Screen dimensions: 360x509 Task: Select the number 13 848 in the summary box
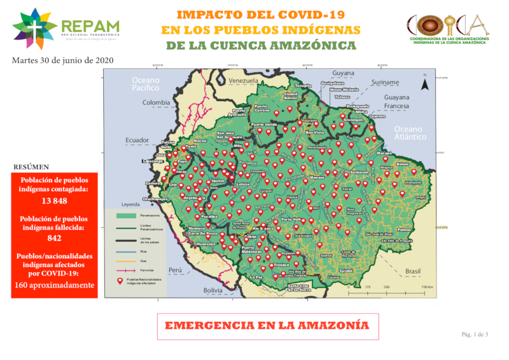tap(54, 201)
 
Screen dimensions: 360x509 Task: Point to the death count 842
tap(54, 239)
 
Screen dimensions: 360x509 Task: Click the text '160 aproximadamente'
tap(54, 285)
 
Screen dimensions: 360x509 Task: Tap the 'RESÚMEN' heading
tap(31, 167)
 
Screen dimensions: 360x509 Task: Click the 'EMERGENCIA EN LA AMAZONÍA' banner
tap(267, 325)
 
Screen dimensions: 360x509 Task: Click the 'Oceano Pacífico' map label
tap(146, 85)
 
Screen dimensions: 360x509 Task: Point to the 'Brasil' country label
tap(414, 272)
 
